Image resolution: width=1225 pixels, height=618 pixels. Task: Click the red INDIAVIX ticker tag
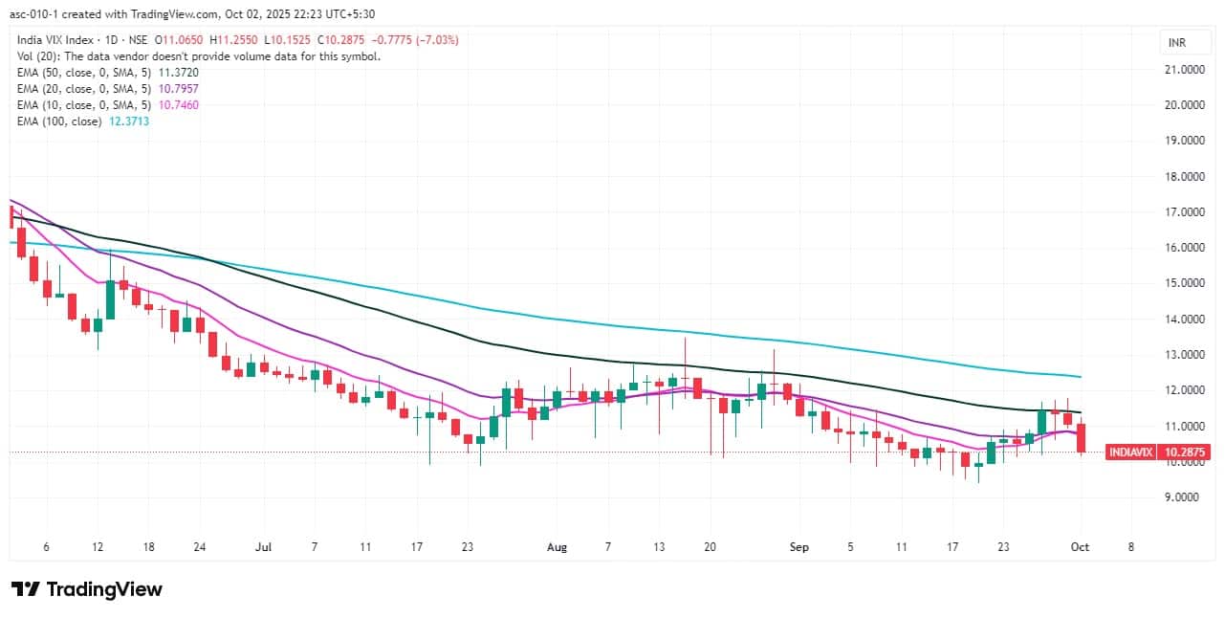pos(1129,452)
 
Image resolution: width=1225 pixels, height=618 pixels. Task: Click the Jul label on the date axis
pos(264,547)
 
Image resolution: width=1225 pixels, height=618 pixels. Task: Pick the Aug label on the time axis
pos(557,547)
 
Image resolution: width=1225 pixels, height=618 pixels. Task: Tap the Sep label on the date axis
pos(799,547)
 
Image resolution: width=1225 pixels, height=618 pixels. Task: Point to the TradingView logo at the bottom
pos(86,589)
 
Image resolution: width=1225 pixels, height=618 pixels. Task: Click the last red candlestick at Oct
pos(1081,438)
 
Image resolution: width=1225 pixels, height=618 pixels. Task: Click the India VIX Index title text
pos(57,40)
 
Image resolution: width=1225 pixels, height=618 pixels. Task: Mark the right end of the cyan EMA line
pos(1081,376)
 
